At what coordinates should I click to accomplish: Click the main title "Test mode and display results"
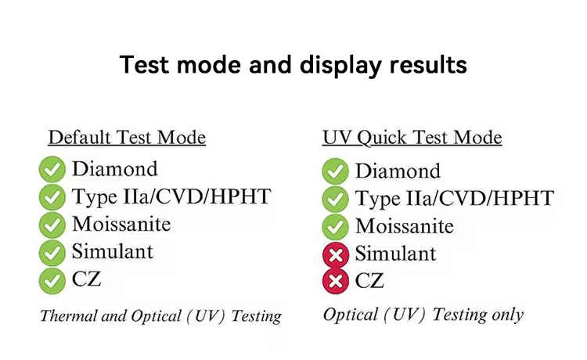(x=293, y=65)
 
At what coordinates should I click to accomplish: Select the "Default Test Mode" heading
(x=127, y=137)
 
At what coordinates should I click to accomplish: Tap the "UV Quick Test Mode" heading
(x=412, y=138)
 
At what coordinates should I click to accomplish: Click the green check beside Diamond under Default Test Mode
(x=52, y=169)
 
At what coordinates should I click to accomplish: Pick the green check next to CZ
(x=52, y=281)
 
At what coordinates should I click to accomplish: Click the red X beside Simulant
(x=336, y=255)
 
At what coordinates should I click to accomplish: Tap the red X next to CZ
(x=336, y=281)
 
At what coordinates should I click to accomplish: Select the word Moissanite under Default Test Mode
(x=121, y=224)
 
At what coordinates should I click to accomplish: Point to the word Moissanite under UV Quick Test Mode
(x=405, y=226)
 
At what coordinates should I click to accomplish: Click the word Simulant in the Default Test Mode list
(x=112, y=251)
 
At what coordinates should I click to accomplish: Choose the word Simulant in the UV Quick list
(x=395, y=254)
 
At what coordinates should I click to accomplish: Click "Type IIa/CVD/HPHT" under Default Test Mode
(x=171, y=197)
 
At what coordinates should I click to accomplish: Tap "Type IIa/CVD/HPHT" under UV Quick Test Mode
(x=455, y=199)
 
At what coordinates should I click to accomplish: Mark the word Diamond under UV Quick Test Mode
(x=398, y=171)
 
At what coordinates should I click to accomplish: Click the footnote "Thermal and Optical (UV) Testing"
(x=161, y=316)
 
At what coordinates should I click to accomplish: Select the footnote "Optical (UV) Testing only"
(x=423, y=315)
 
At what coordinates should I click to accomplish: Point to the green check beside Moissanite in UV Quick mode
(x=336, y=227)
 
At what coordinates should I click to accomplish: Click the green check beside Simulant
(x=52, y=253)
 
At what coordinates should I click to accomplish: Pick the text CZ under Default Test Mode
(x=86, y=279)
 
